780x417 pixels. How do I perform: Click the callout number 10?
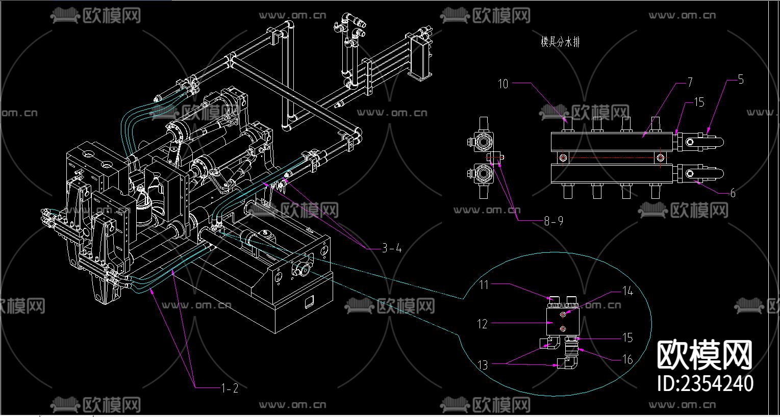(504, 84)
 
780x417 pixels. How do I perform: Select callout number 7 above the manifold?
(690, 82)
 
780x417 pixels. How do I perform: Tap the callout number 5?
(741, 80)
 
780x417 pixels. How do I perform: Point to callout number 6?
(733, 193)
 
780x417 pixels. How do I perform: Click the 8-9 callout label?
(553, 221)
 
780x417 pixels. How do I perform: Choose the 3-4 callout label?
(392, 248)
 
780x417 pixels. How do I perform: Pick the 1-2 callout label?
(230, 388)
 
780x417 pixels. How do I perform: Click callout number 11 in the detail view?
(484, 284)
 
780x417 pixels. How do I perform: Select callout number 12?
(483, 324)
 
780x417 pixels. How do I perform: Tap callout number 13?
(483, 365)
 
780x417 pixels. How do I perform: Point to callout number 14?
(627, 291)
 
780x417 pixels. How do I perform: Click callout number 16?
(627, 359)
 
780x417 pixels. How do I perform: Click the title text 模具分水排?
(560, 42)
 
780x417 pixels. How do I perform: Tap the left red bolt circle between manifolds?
(563, 158)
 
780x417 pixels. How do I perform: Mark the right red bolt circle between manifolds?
(661, 158)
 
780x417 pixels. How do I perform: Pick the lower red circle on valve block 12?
(563, 329)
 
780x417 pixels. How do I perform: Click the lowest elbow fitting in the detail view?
(567, 362)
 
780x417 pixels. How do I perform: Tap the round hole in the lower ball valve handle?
(690, 174)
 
